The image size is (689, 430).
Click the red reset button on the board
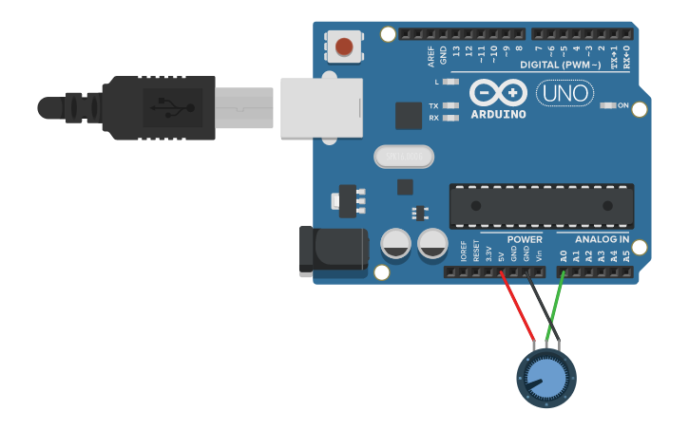pos(343,46)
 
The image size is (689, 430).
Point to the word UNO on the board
pos(565,93)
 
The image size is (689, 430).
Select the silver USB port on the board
pos(322,106)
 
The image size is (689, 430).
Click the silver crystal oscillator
pos(404,156)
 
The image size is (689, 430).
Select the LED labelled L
pos(451,83)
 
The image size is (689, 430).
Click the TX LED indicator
pos(451,105)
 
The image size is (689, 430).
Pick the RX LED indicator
pos(451,118)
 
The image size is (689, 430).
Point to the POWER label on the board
pos(525,239)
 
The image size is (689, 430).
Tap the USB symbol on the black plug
pos(172,107)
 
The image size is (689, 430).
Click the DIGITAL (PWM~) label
pos(560,65)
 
